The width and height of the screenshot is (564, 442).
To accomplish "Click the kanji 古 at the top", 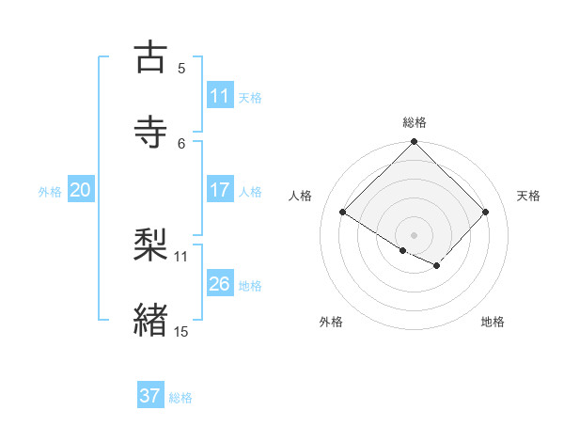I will pyautogui.click(x=152, y=57).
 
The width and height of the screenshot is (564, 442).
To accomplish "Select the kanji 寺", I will pyautogui.click(x=152, y=132).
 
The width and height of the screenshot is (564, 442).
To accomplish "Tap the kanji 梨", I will pyautogui.click(x=152, y=245).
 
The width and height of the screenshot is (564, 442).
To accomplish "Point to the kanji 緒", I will pyautogui.click(x=152, y=321).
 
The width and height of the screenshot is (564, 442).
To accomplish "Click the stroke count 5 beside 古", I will pyautogui.click(x=181, y=68).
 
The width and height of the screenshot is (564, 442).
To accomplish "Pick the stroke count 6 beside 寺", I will pyautogui.click(x=181, y=143).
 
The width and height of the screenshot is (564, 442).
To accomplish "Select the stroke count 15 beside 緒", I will pyautogui.click(x=181, y=331).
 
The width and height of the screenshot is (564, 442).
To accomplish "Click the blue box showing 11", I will pyautogui.click(x=220, y=96).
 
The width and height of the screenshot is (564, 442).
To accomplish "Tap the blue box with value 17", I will pyautogui.click(x=220, y=190).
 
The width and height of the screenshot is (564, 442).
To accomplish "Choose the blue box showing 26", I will pyautogui.click(x=220, y=284).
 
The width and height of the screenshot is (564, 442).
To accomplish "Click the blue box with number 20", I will pyautogui.click(x=81, y=190).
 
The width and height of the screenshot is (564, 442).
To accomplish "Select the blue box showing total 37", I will pyautogui.click(x=150, y=396).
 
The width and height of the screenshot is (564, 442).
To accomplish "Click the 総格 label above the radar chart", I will pyautogui.click(x=415, y=122).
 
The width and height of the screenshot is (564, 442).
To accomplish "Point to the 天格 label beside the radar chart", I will pyautogui.click(x=529, y=196).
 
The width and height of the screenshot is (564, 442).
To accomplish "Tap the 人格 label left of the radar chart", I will pyautogui.click(x=301, y=196).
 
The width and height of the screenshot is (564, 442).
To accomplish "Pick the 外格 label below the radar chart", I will pyautogui.click(x=331, y=322).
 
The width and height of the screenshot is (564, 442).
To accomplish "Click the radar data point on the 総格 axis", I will pyautogui.click(x=415, y=143).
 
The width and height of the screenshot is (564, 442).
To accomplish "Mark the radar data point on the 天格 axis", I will pyautogui.click(x=486, y=213).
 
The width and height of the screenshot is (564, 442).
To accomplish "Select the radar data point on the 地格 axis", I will pyautogui.click(x=437, y=266).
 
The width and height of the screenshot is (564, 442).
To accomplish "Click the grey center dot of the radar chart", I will pyautogui.click(x=415, y=234).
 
